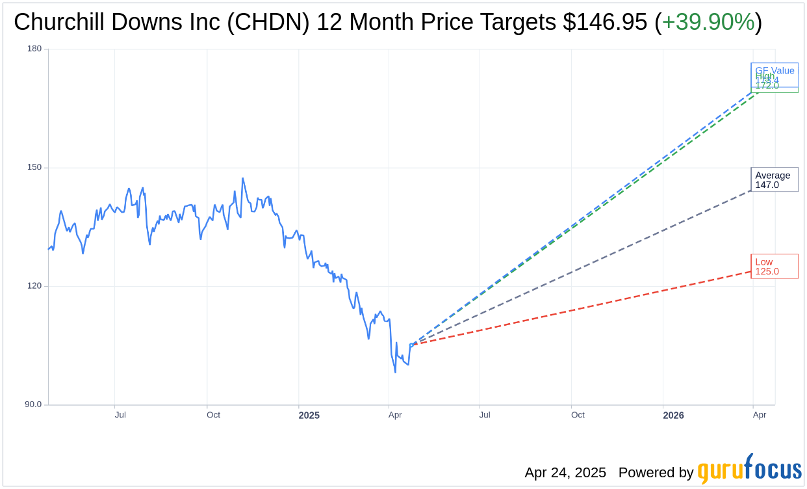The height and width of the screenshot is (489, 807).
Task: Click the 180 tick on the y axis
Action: click(x=34, y=49)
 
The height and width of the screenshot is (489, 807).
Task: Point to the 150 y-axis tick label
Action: click(x=34, y=167)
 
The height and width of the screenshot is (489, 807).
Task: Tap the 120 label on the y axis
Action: click(x=34, y=286)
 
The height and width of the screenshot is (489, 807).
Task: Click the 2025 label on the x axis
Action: click(x=309, y=415)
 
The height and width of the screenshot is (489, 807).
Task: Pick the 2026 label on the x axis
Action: click(x=673, y=415)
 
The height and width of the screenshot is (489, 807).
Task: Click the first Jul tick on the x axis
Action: click(x=120, y=415)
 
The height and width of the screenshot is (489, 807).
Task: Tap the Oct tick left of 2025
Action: click(x=213, y=415)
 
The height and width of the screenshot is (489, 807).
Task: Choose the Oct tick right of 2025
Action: click(x=578, y=415)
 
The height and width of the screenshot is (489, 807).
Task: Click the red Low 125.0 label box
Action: click(x=774, y=267)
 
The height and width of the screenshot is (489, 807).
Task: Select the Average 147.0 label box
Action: click(x=774, y=179)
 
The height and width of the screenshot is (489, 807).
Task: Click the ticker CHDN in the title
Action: click(x=274, y=22)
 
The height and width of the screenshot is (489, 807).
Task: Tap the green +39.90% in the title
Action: click(x=708, y=22)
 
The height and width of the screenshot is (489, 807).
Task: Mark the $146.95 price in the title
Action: click(x=605, y=22)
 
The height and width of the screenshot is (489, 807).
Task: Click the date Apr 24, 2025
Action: click(x=565, y=472)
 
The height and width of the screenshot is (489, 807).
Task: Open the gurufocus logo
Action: click(x=749, y=469)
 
